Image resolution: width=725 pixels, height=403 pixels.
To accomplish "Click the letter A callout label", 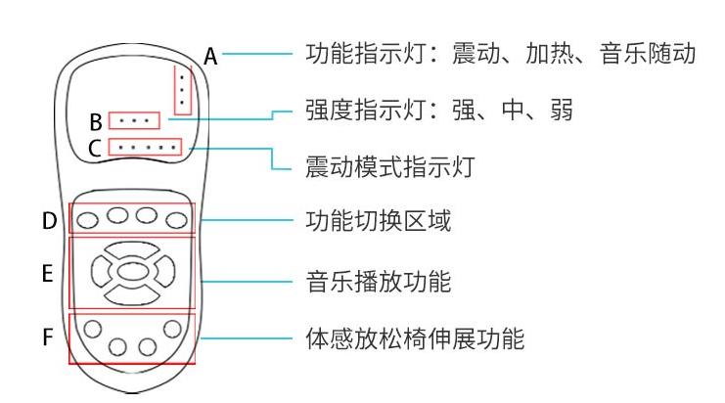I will pyautogui.click(x=210, y=58).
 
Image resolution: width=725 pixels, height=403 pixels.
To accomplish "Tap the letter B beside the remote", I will pyautogui.click(x=96, y=123).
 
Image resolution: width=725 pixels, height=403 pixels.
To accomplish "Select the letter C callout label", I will pyautogui.click(x=95, y=151).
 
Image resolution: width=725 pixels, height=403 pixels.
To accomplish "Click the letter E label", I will pyautogui.click(x=48, y=276).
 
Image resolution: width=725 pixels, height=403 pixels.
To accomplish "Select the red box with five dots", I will pyautogui.click(x=146, y=149).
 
